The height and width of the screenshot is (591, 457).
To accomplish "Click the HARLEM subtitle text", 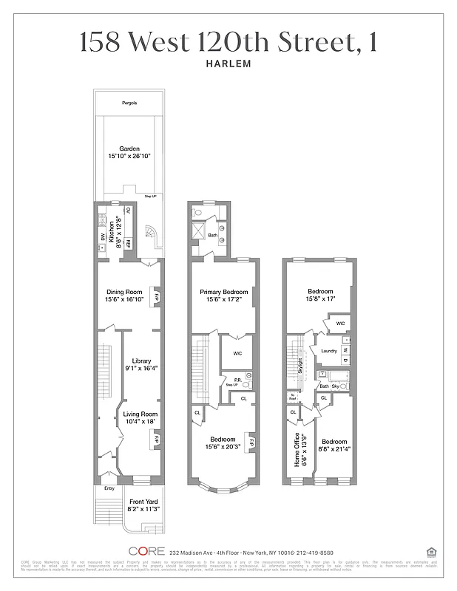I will [228, 63].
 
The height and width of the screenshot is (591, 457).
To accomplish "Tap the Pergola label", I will [129, 103].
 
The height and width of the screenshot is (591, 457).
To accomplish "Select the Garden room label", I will [129, 148].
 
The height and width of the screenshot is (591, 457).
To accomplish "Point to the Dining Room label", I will [123, 292].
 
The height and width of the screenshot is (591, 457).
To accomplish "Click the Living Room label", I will [141, 414].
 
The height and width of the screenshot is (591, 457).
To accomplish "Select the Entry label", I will [109, 488].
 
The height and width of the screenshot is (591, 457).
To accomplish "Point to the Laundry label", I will [329, 351].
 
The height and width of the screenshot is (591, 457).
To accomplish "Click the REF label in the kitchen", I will [127, 243].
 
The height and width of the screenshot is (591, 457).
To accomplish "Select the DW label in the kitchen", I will [102, 236].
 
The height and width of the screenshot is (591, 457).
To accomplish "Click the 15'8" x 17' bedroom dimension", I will [321, 300].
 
